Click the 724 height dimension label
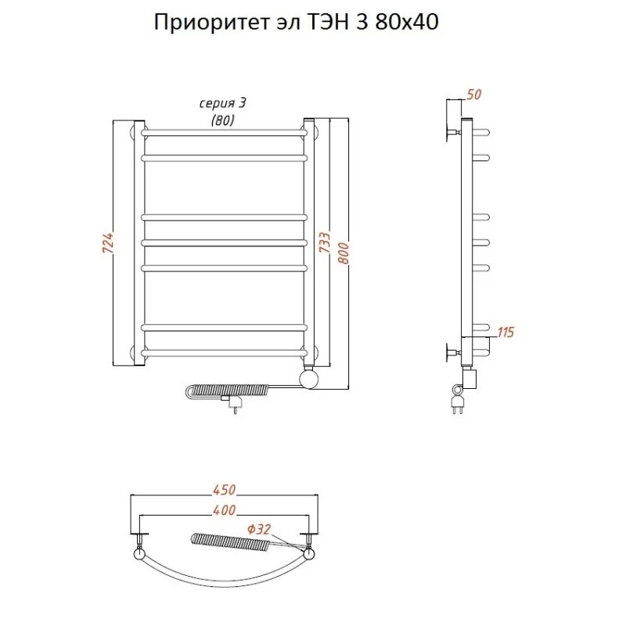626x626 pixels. [109, 243]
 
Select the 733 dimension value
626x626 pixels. [324, 243]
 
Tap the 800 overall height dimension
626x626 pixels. [341, 250]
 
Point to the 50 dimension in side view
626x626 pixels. [473, 95]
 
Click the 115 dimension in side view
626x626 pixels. [505, 333]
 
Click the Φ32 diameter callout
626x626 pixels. [258, 530]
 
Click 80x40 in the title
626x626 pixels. [406, 23]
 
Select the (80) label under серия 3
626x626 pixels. [223, 119]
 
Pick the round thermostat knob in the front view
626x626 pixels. [310, 380]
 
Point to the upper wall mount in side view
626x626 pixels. [452, 131]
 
